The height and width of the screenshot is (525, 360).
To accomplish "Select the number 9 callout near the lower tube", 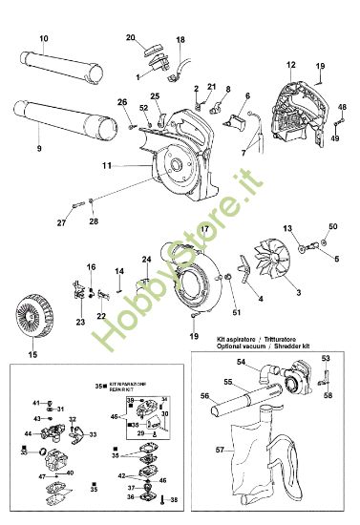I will pyautogui.click(x=39, y=149).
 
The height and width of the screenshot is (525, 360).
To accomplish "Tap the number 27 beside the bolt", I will pyautogui.click(x=60, y=222).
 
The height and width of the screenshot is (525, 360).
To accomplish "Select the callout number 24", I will pyautogui.click(x=147, y=260).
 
